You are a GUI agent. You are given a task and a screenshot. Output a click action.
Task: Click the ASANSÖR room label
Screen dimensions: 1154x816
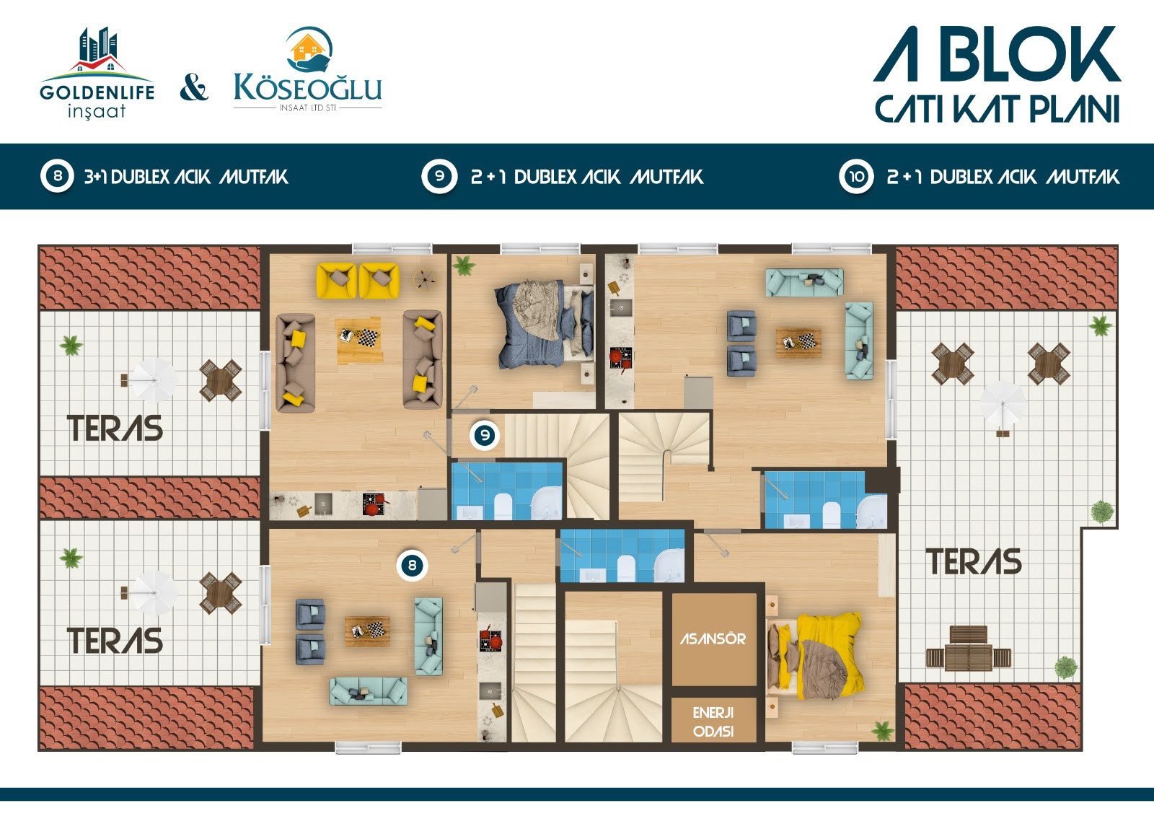(x=713, y=639)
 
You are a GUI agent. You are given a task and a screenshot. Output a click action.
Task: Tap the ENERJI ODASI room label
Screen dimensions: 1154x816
(x=713, y=722)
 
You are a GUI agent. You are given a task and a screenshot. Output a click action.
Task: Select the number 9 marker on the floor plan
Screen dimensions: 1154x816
(x=485, y=435)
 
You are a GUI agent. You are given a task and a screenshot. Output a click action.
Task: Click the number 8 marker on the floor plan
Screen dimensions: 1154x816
(x=412, y=566)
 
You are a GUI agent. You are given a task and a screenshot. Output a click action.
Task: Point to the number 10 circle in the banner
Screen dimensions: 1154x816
(x=856, y=177)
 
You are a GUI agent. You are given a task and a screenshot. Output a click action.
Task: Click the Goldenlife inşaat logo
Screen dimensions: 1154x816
(x=97, y=73)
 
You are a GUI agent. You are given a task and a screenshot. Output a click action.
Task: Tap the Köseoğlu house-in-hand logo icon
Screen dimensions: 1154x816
(x=310, y=50)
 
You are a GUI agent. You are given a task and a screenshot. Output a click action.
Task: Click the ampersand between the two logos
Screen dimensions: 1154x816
(x=194, y=88)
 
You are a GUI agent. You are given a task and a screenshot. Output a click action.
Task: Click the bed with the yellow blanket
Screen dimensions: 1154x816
(x=814, y=655)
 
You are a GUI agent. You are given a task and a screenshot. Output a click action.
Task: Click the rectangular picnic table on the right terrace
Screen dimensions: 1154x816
(x=969, y=649)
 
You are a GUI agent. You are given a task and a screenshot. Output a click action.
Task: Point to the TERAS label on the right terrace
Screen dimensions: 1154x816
(x=974, y=562)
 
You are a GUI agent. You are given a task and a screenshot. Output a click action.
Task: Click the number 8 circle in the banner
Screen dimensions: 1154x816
(x=57, y=176)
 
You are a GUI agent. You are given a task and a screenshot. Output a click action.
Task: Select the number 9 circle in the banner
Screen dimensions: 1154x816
(x=439, y=176)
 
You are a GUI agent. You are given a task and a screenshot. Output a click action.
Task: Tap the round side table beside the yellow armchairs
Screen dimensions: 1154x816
(x=426, y=280)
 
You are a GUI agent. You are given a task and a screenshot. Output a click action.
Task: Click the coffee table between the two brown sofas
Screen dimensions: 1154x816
(x=359, y=339)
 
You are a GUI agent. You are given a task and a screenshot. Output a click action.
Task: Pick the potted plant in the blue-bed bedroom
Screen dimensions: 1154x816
(x=464, y=266)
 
